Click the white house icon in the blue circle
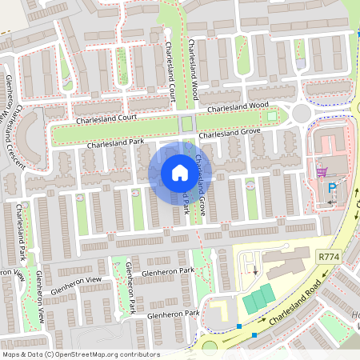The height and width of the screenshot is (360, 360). pyautogui.click(x=180, y=173)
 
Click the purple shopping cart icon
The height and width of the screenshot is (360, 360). pyautogui.click(x=322, y=171)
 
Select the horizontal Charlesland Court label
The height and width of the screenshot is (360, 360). pyautogui.click(x=107, y=118)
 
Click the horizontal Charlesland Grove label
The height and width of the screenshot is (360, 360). pyautogui.click(x=230, y=134)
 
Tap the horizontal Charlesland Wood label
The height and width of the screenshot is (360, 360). pyautogui.click(x=238, y=106)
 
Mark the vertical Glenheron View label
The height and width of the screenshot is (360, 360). pyautogui.click(x=39, y=297)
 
